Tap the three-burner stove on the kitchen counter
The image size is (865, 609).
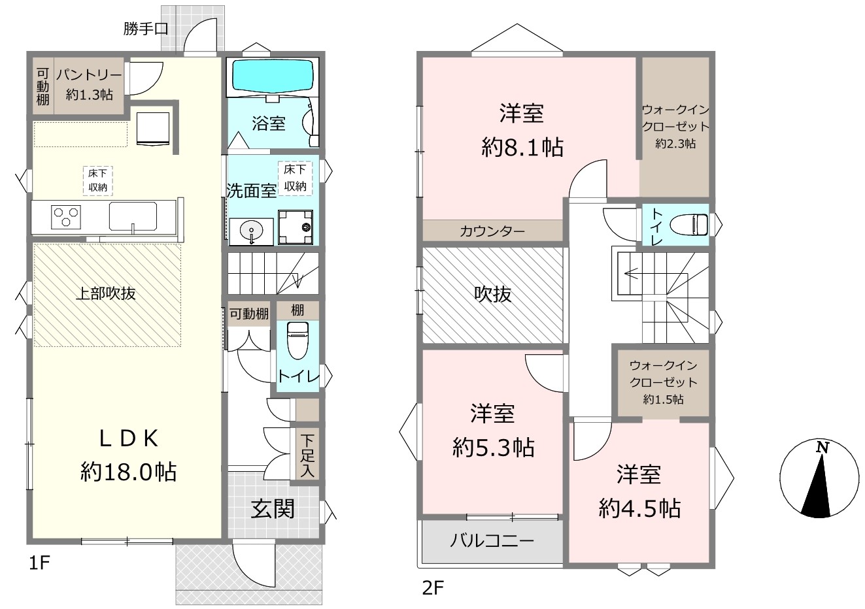point(66,217)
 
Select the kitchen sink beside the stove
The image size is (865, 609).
point(133,216)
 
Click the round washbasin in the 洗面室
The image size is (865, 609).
point(251,231)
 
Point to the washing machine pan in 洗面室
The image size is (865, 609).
point(296,227)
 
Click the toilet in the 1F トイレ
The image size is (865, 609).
point(297,340)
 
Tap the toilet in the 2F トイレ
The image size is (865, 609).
point(689,224)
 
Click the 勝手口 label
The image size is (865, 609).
point(146,29)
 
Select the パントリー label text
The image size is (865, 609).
point(89,75)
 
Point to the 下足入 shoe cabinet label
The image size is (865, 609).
point(307,456)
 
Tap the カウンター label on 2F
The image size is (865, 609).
point(492,231)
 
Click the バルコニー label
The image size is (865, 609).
point(492,540)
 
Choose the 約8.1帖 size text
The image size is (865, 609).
point(522,148)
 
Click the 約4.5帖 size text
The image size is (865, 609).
point(640,508)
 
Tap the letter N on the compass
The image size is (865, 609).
point(823,448)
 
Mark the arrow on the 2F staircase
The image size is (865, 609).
point(656,274)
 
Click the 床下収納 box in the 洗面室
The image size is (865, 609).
point(295,178)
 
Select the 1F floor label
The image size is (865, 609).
point(39,563)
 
